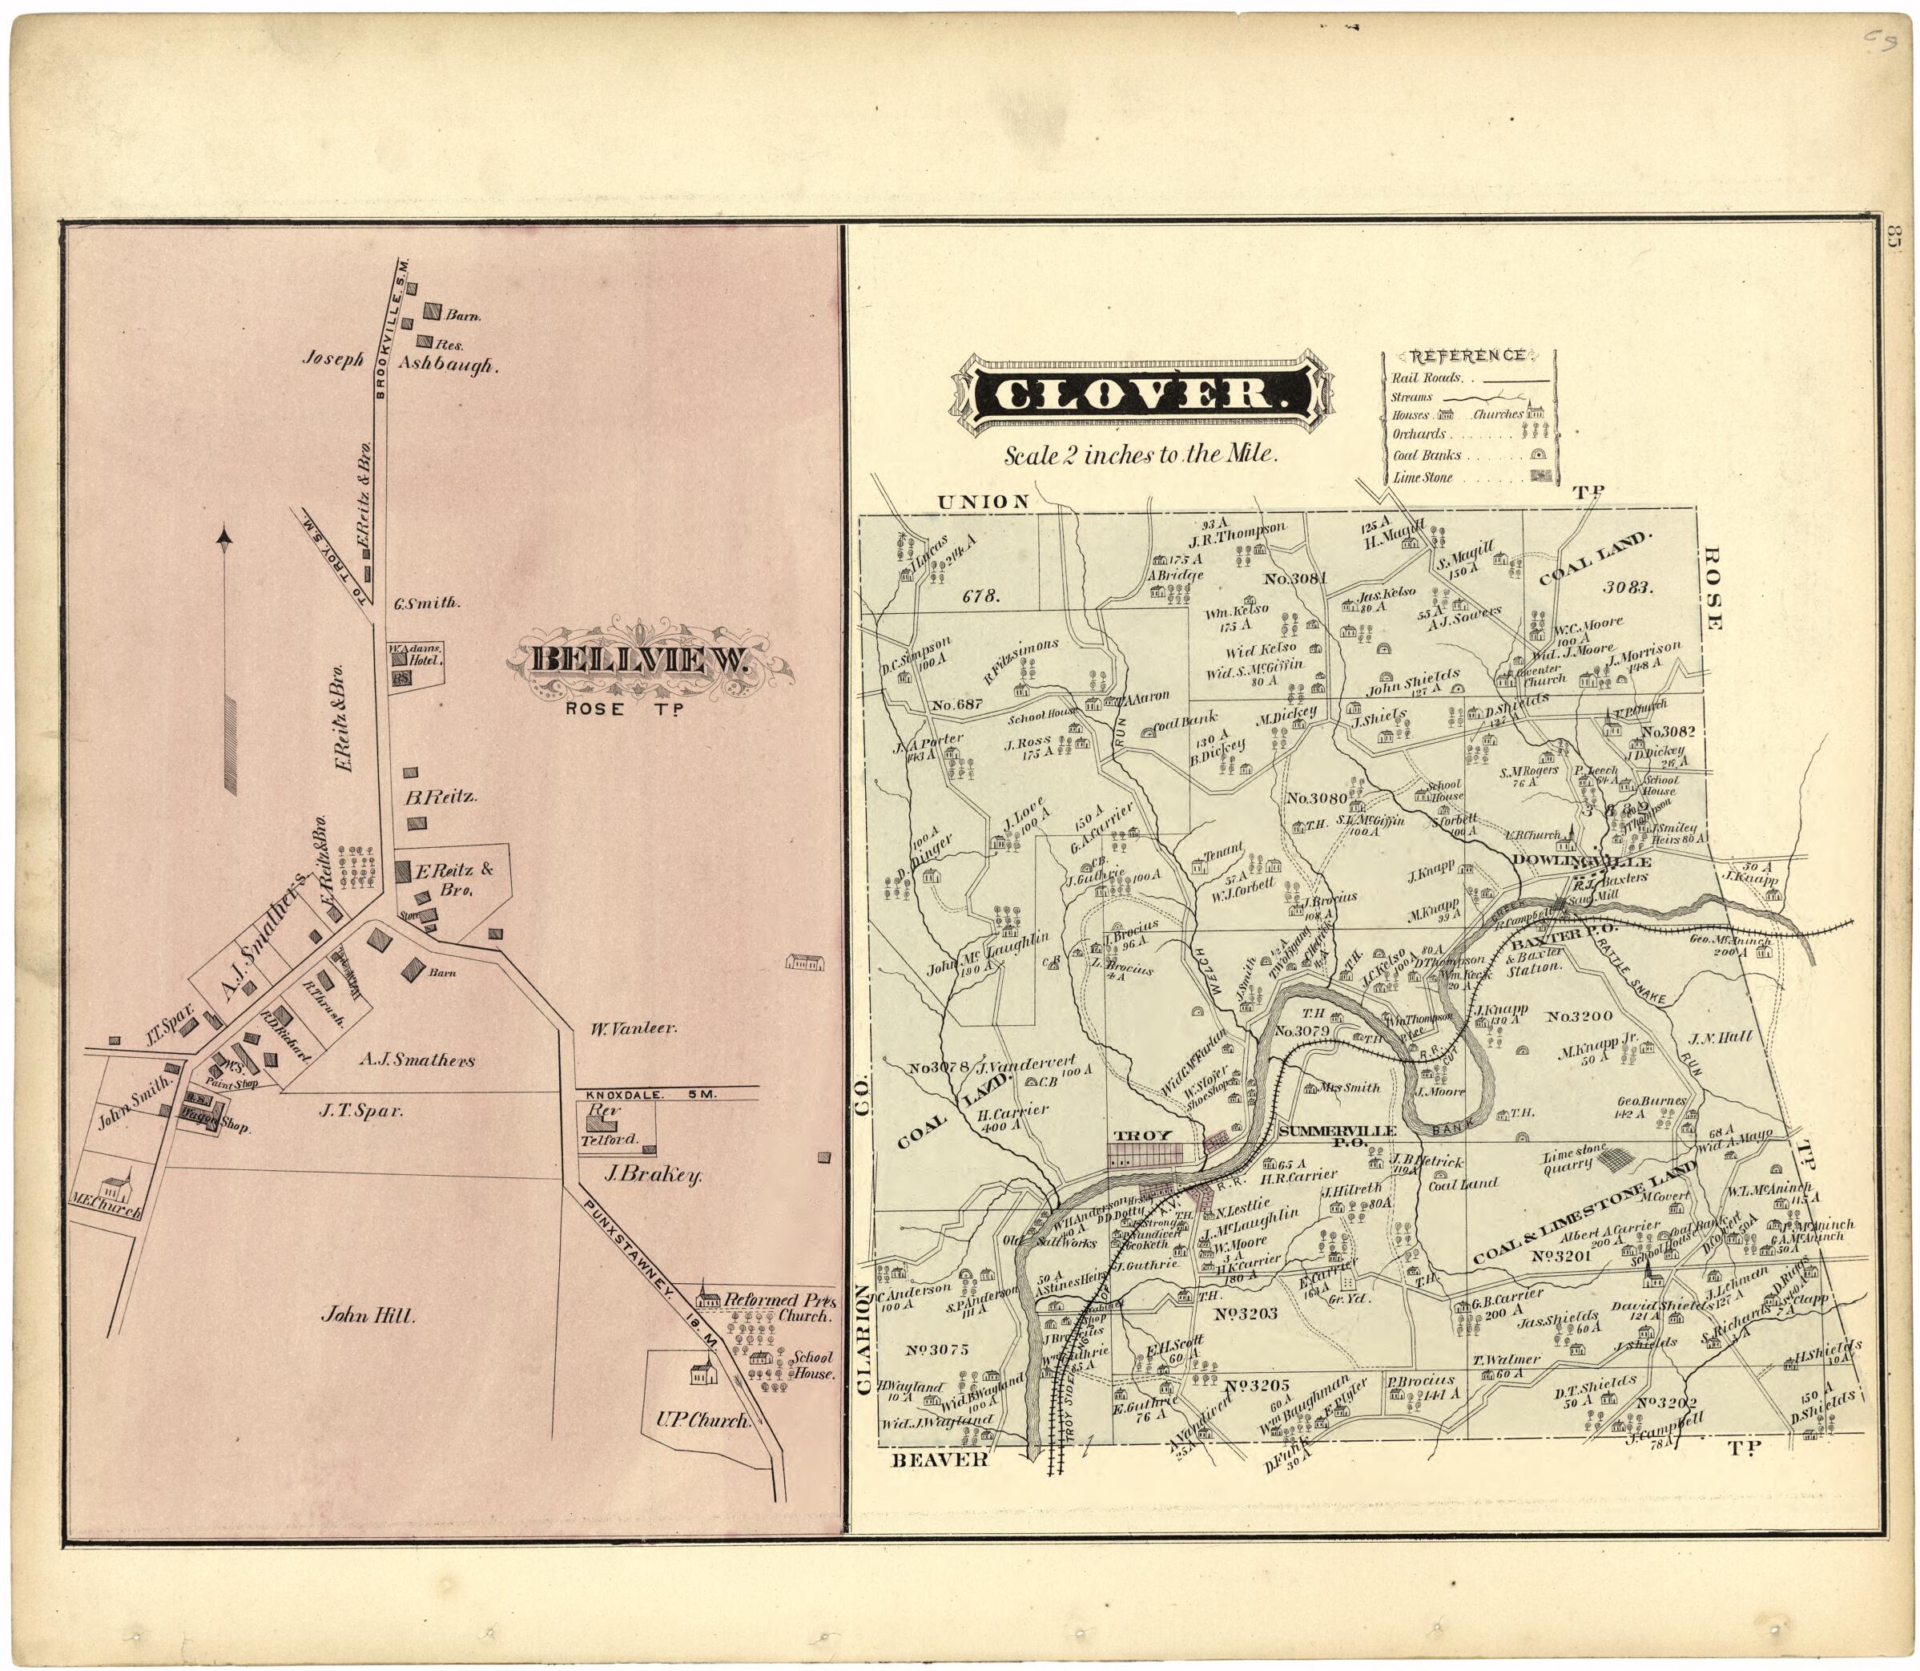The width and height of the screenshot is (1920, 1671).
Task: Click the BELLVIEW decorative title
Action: pyautogui.click(x=642, y=660)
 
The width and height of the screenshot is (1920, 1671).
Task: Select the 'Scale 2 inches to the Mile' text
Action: pyautogui.click(x=1139, y=456)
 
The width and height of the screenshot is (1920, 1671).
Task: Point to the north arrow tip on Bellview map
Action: pyautogui.click(x=223, y=535)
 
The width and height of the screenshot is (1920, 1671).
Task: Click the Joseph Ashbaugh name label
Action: pyautogui.click(x=402, y=365)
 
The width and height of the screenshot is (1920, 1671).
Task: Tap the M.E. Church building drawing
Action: pyautogui.click(x=115, y=1190)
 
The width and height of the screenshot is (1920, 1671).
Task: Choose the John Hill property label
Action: pyautogui.click(x=366, y=1316)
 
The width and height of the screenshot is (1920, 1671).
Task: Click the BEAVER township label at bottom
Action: pyautogui.click(x=938, y=1459)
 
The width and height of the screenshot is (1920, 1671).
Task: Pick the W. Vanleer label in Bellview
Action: pyautogui.click(x=633, y=1028)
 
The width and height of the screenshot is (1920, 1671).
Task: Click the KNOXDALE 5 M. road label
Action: pyautogui.click(x=646, y=1094)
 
